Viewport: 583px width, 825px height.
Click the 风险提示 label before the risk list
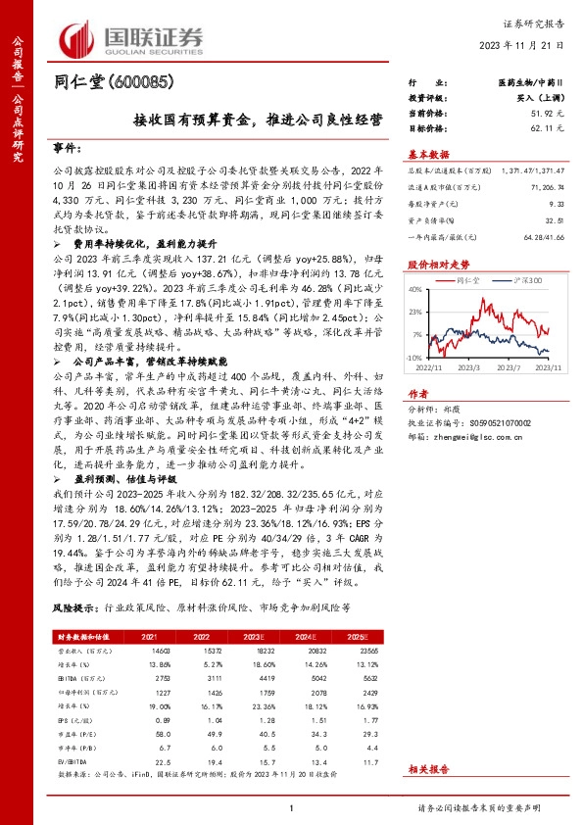pyautogui.click(x=74, y=608)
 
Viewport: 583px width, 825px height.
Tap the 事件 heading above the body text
pyautogui.click(x=68, y=148)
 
